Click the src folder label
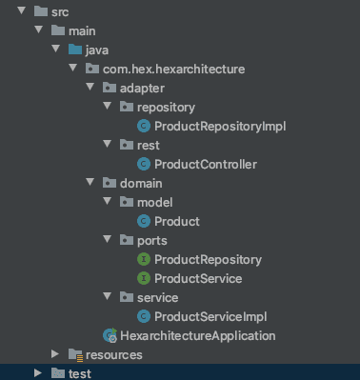pyautogui.click(x=60, y=12)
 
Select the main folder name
pyautogui.click(x=81, y=31)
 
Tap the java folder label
pyautogui.click(x=97, y=50)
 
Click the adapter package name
pyautogui.click(x=142, y=89)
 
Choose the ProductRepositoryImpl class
pyautogui.click(x=220, y=127)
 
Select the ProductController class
pyautogui.click(x=206, y=165)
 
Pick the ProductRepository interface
pyautogui.click(x=208, y=260)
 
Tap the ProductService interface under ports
pyautogui.click(x=198, y=279)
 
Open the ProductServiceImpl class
pyautogui.click(x=210, y=317)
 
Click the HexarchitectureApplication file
pyautogui.click(x=197, y=336)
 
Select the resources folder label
pyautogui.click(x=113, y=355)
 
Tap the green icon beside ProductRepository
pyautogui.click(x=144, y=260)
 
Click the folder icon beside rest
pyautogui.click(x=127, y=146)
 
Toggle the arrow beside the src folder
pyautogui.click(x=21, y=12)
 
